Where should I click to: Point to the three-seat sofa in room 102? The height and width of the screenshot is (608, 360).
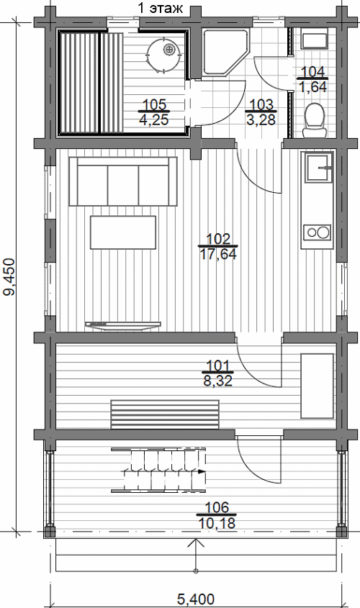pyautogui.click(x=123, y=181)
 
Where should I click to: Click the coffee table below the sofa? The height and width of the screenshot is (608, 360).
pyautogui.click(x=123, y=232)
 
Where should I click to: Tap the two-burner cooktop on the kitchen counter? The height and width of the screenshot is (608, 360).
pyautogui.click(x=318, y=232)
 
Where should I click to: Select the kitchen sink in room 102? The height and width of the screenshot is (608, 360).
pyautogui.click(x=319, y=168)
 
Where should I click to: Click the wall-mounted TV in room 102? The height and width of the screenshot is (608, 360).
pyautogui.click(x=123, y=325)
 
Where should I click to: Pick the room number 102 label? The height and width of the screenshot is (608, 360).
pyautogui.click(x=218, y=239)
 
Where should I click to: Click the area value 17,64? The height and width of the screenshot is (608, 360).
pyautogui.click(x=218, y=255)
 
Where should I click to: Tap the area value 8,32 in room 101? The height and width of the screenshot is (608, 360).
pyautogui.click(x=218, y=381)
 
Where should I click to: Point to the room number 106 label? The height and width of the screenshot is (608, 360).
pyautogui.click(x=217, y=507)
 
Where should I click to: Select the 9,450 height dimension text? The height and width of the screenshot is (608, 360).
pyautogui.click(x=11, y=277)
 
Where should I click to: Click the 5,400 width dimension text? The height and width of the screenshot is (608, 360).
pyautogui.click(x=196, y=599)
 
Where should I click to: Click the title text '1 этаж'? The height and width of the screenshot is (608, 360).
pyautogui.click(x=161, y=8)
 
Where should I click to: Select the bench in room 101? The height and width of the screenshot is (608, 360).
pyautogui.click(x=166, y=414)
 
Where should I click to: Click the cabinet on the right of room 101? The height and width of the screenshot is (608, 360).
pyautogui.click(x=318, y=386)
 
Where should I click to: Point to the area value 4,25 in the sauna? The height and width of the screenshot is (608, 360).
pyautogui.click(x=154, y=120)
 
